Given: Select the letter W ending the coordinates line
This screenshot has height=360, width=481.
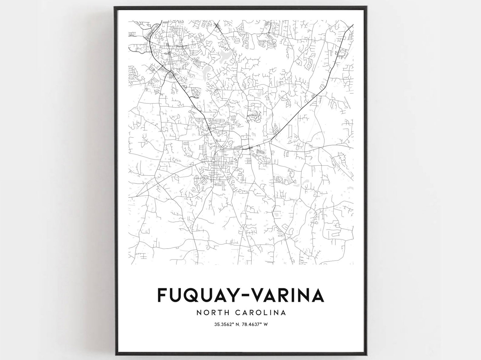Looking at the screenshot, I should click(265, 325).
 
